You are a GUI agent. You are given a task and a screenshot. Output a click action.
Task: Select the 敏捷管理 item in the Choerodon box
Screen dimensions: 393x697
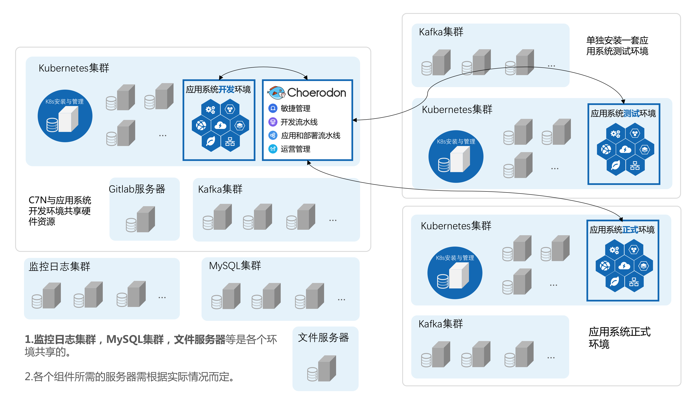pyautogui.click(x=295, y=108)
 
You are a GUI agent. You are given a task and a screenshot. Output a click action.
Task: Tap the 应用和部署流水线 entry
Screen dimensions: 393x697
pyautogui.click(x=310, y=135)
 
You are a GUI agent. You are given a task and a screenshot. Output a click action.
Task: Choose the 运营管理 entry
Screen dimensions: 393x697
pyautogui.click(x=295, y=149)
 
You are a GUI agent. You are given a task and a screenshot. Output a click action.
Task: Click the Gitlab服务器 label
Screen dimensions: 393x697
pyautogui.click(x=137, y=189)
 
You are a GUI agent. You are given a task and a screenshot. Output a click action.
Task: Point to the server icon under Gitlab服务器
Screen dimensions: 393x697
pyautogui.click(x=141, y=219)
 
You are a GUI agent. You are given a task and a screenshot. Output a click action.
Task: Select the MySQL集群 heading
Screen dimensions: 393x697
pyautogui.click(x=235, y=266)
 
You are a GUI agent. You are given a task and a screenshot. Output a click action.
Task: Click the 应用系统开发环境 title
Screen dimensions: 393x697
pyautogui.click(x=218, y=89)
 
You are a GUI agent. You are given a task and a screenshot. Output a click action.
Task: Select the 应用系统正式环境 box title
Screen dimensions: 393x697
pyautogui.click(x=622, y=230)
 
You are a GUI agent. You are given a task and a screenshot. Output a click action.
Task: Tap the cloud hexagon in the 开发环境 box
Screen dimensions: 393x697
pyautogui.click(x=220, y=125)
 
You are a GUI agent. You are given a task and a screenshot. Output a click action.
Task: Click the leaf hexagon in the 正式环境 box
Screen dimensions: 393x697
pyautogui.click(x=614, y=282)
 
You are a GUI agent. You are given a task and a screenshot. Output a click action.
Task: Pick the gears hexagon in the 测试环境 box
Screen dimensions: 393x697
pyautogui.click(x=615, y=134)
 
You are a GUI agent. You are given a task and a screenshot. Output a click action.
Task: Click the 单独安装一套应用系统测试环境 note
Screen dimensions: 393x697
pyautogui.click(x=617, y=46)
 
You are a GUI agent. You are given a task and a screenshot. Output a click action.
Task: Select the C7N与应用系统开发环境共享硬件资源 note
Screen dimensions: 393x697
pyautogui.click(x=60, y=211)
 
